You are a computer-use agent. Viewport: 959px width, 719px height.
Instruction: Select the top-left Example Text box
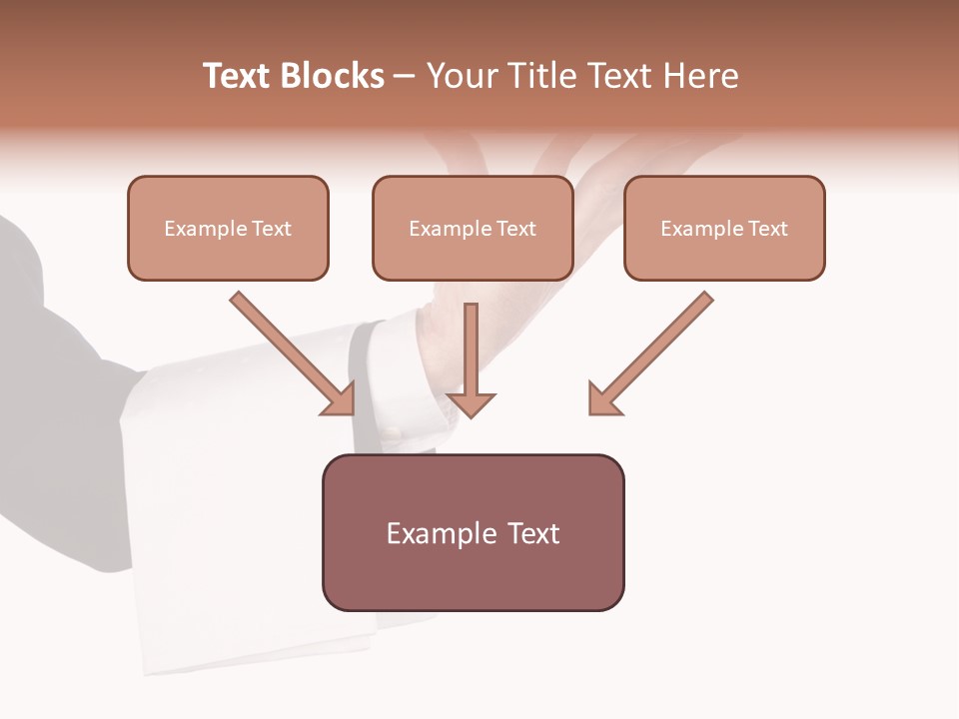(228, 228)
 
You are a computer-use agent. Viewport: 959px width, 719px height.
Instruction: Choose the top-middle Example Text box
(473, 228)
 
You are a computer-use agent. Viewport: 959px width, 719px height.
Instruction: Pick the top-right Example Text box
(724, 228)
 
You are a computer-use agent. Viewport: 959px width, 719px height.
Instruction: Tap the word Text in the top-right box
(768, 229)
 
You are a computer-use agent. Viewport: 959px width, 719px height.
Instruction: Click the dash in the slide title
(405, 77)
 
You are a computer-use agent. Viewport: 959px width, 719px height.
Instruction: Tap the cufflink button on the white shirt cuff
(391, 433)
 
